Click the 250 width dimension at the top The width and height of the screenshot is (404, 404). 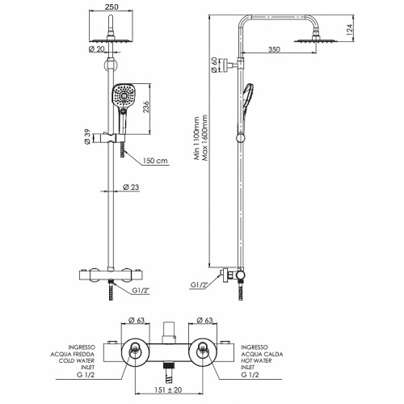click(112, 6)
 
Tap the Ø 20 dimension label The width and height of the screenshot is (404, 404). click(96, 49)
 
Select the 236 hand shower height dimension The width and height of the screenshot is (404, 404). click(145, 107)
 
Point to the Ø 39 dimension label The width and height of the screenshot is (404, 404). click(87, 137)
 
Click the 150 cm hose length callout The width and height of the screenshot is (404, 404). click(155, 161)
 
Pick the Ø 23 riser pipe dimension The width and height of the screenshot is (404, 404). click(131, 187)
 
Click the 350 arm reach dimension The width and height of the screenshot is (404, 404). click(274, 49)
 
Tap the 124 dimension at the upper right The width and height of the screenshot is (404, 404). click(349, 30)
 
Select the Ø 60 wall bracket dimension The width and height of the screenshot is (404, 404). click(214, 65)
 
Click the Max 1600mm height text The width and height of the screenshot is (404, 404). click(205, 138)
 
